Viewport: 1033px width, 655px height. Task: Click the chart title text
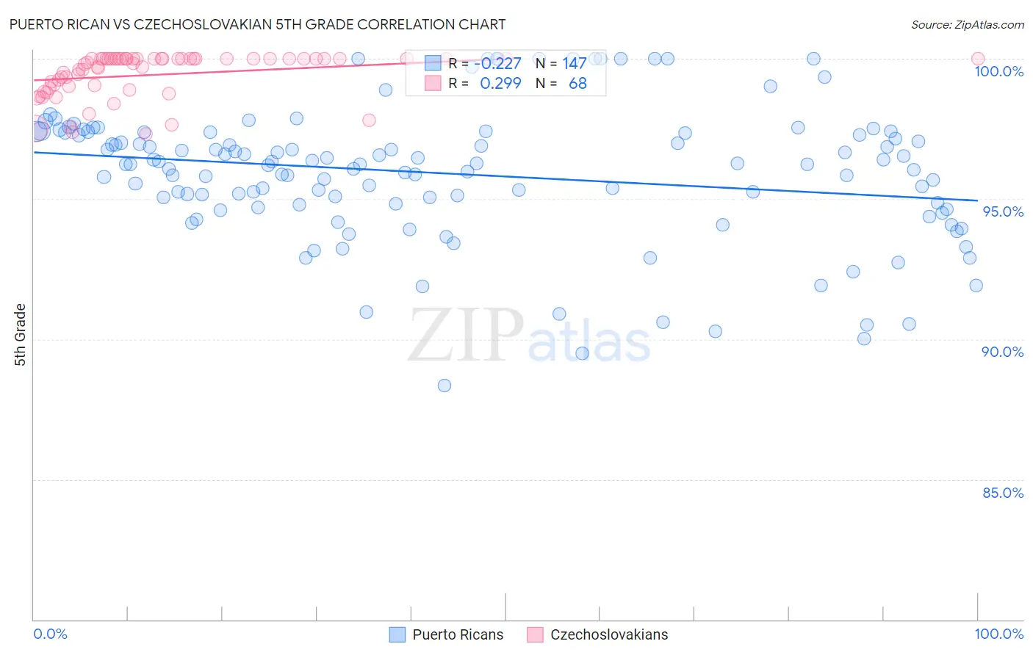pyautogui.click(x=257, y=24)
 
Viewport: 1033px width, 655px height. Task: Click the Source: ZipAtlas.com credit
pyautogui.click(x=967, y=25)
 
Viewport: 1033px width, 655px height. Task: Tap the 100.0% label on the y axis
pyautogui.click(x=998, y=71)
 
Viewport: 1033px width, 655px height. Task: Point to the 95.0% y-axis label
pyautogui.click(x=1003, y=211)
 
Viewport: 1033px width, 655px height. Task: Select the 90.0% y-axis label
pyautogui.click(x=1002, y=352)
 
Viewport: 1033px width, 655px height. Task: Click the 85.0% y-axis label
pyautogui.click(x=1002, y=493)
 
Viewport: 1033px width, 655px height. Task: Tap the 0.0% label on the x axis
pyautogui.click(x=50, y=634)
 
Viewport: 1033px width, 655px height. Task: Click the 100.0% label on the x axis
pyautogui.click(x=998, y=634)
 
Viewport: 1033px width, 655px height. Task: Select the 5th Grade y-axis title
pyautogui.click(x=20, y=334)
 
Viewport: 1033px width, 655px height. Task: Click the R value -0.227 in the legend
pyautogui.click(x=497, y=64)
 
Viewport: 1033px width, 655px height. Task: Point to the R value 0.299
pyautogui.click(x=500, y=84)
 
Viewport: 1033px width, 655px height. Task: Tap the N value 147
pyautogui.click(x=575, y=64)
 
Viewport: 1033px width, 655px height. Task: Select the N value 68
pyautogui.click(x=577, y=84)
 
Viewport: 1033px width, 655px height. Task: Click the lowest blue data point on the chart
pyautogui.click(x=444, y=386)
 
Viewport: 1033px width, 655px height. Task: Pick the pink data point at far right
pyautogui.click(x=977, y=59)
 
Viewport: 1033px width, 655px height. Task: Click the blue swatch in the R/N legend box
pyautogui.click(x=433, y=64)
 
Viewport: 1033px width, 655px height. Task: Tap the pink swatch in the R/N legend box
pyautogui.click(x=433, y=84)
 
